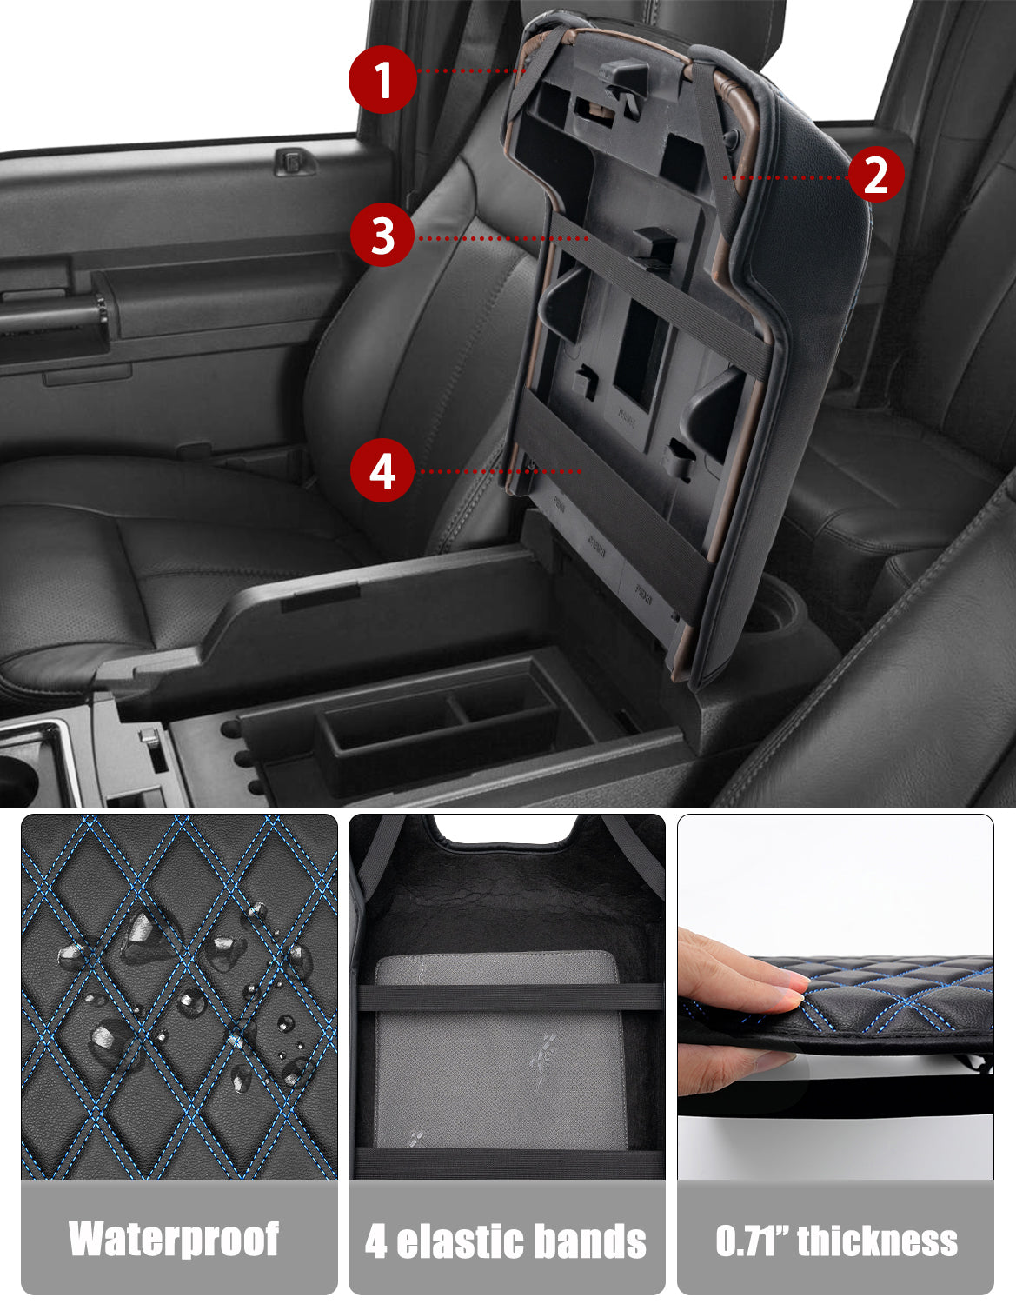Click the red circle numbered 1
coord(382,80)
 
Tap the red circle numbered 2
coord(875,175)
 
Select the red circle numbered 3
coord(383,236)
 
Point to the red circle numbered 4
coord(382,470)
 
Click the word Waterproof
coord(175,1239)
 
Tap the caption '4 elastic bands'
coord(506,1241)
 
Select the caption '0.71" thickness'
coord(836,1241)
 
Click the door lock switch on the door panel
coord(295,162)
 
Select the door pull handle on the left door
coord(52,317)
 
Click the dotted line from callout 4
coord(500,471)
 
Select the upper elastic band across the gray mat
coord(508,997)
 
